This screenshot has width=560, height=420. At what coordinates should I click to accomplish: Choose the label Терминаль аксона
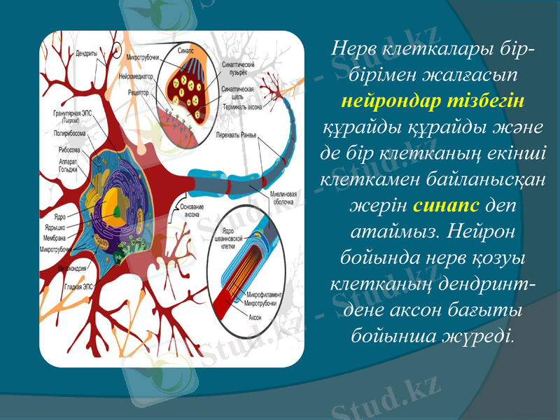click(242, 107)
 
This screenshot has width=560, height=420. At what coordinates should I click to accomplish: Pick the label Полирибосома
click(71, 131)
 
